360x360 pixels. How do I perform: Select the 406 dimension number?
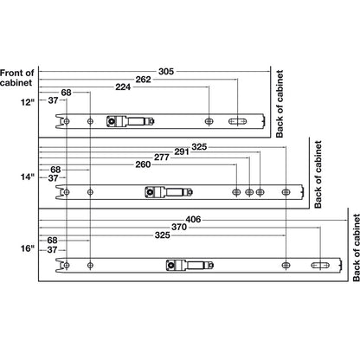point(193,219)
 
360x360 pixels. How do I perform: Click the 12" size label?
point(27,101)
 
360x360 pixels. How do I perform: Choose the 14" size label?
point(27,177)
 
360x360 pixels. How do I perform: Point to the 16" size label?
point(27,248)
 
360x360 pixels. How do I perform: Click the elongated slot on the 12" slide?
point(238,122)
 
